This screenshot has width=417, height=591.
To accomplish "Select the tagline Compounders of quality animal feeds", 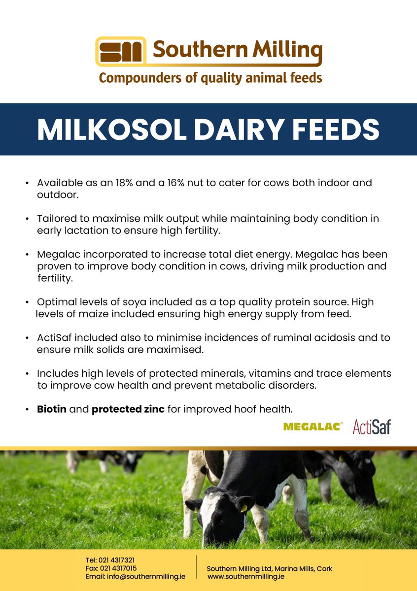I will [210, 77].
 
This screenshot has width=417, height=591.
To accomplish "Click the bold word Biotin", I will [52, 409].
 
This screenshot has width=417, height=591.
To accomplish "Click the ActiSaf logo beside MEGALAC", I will [372, 427].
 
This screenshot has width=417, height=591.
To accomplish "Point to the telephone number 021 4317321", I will [116, 560].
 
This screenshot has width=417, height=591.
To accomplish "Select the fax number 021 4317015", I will [117, 568].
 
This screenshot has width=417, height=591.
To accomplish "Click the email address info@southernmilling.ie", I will [146, 576].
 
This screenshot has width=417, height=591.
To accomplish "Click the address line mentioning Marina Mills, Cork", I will [270, 568].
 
